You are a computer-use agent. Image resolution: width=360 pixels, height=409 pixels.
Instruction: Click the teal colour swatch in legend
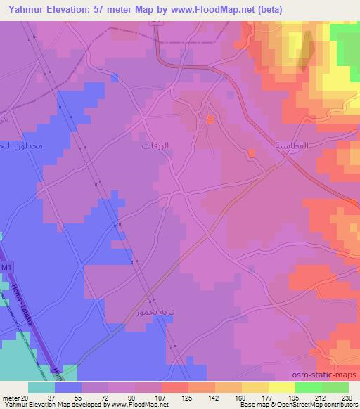41,387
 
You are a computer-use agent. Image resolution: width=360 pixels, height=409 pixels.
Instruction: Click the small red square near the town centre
210,120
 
